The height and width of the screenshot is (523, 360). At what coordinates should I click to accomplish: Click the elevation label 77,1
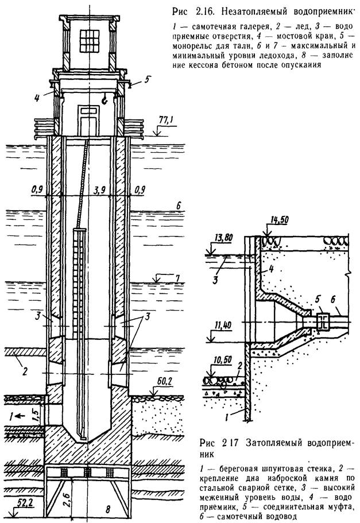pyautogui.click(x=164, y=121)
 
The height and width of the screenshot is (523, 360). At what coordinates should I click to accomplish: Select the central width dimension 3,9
pyautogui.click(x=96, y=191)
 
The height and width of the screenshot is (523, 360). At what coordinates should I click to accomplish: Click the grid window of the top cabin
pyautogui.click(x=90, y=41)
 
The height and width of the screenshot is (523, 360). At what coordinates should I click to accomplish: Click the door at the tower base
pyautogui.click(x=89, y=120)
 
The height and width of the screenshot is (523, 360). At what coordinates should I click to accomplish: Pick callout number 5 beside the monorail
pyautogui.click(x=147, y=80)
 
